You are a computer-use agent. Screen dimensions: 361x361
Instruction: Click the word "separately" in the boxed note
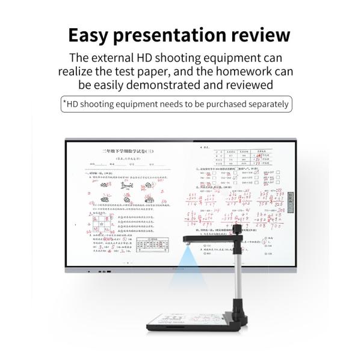[266, 104]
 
